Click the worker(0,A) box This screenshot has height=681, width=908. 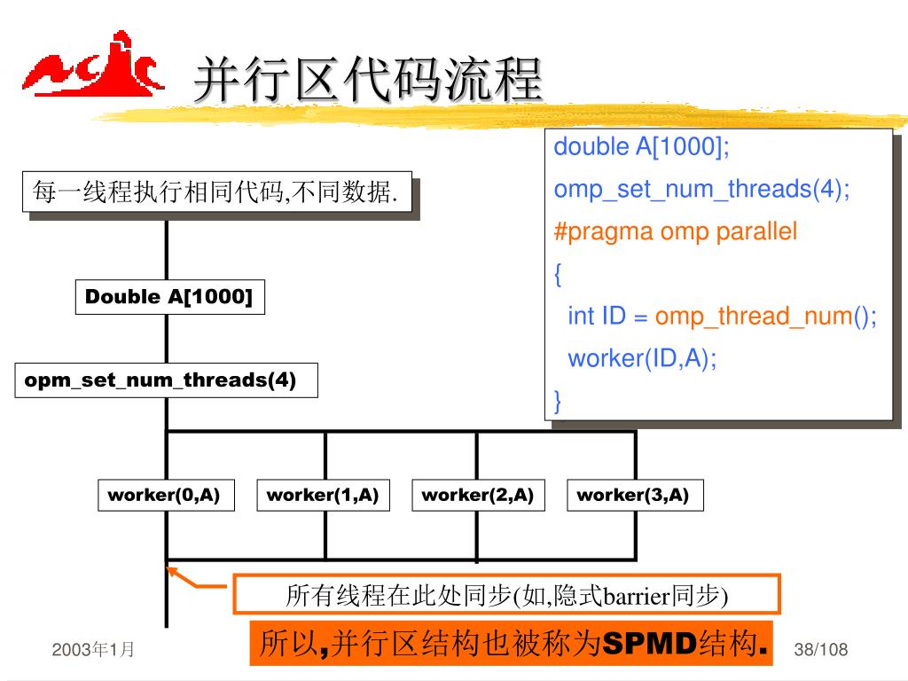[164, 495]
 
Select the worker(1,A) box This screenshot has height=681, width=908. [323, 495]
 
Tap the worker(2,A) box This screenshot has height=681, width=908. [477, 495]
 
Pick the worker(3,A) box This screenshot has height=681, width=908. [633, 495]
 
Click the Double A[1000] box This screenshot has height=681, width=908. [168, 297]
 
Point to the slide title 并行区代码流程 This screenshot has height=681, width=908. [367, 80]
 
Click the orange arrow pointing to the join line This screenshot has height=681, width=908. [197, 579]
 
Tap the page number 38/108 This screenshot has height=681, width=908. [821, 650]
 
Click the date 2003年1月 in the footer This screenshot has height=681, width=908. [93, 650]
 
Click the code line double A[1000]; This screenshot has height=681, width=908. [642, 147]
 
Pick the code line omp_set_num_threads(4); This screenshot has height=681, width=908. [701, 190]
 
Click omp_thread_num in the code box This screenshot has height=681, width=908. [754, 317]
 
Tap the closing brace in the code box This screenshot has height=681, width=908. [558, 402]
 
